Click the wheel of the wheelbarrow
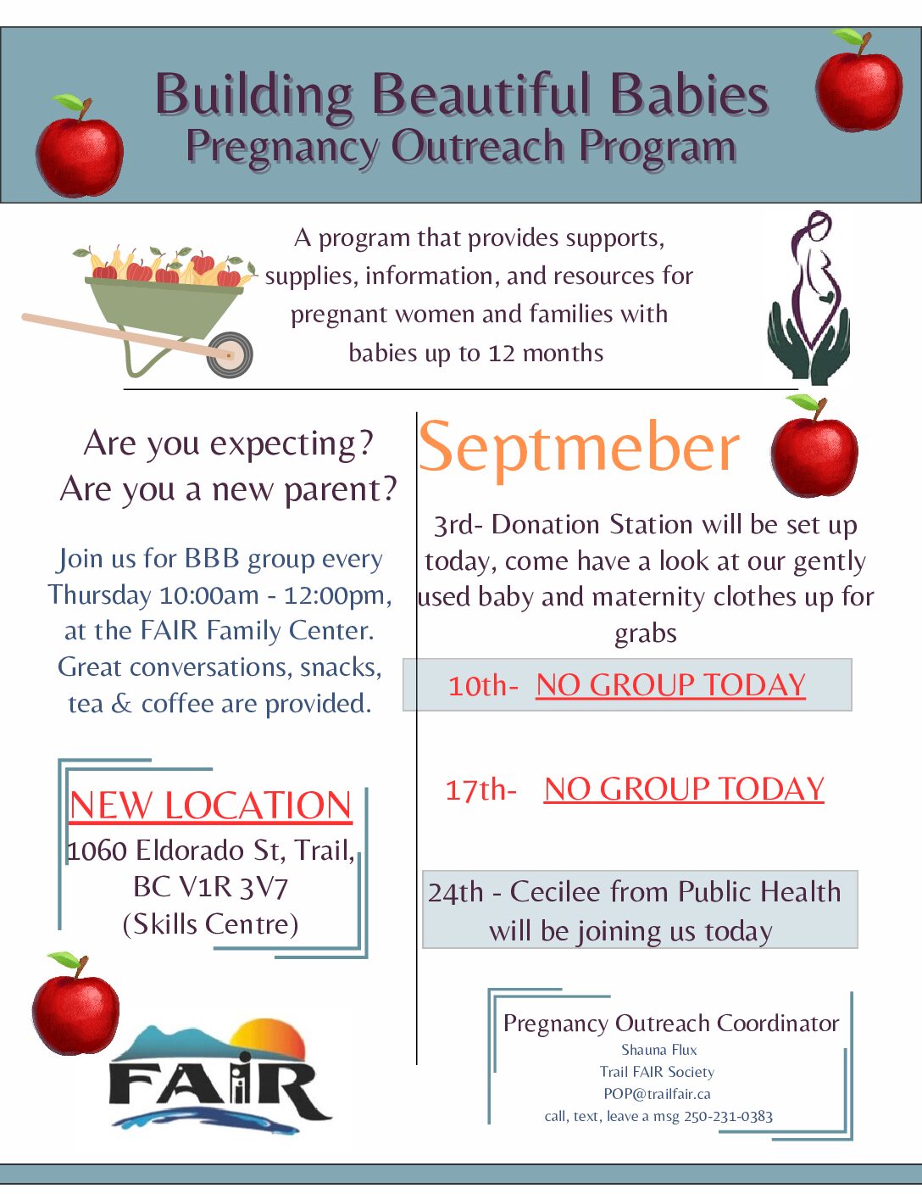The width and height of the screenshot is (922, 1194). coord(230,354)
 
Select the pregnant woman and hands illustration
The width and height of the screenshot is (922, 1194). coord(809,298)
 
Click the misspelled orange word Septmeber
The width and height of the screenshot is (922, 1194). coord(579,448)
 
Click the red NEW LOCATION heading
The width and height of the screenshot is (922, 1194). coord(210,806)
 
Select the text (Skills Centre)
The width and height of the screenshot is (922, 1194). coord(210,924)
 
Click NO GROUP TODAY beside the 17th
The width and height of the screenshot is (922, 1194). coord(684,789)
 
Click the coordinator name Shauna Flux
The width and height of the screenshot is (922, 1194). coord(659,1050)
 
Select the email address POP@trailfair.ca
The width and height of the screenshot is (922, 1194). coord(658,1094)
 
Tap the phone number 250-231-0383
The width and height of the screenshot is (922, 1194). coord(728,1117)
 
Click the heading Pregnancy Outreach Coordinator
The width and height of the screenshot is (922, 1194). coord(671,1024)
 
